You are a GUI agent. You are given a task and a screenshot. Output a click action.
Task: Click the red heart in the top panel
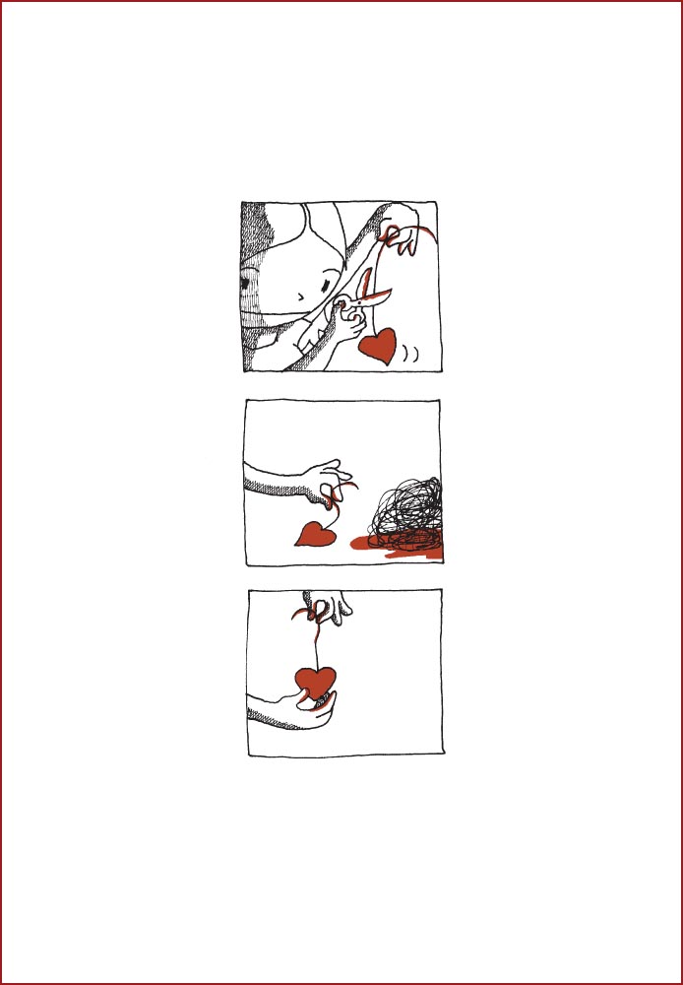pos(378,346)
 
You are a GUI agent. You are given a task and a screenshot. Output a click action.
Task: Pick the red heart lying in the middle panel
pos(316,534)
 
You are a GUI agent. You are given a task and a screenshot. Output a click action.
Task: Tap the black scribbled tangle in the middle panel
pos(405,512)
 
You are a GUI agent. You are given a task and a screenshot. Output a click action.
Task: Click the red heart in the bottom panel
pos(316,682)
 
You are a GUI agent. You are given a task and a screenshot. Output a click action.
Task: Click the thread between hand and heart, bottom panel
pos(316,645)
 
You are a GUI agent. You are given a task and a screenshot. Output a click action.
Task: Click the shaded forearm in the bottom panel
pos(266,712)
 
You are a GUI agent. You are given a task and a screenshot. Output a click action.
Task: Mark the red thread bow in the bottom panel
pos(313,614)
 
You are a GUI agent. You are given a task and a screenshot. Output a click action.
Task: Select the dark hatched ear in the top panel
pos(250,285)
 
